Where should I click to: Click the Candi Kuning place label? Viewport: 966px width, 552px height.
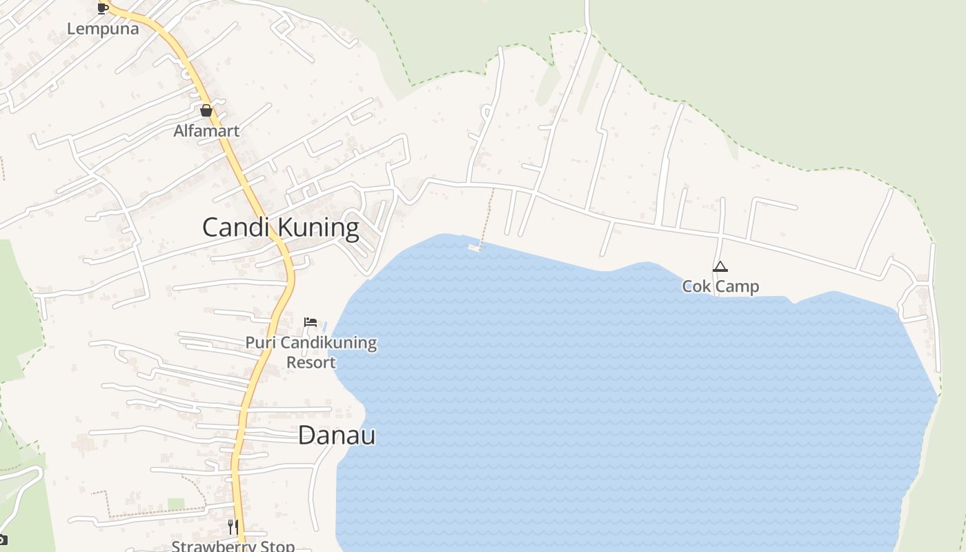click(280, 228)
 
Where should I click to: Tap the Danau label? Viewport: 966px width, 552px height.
click(337, 435)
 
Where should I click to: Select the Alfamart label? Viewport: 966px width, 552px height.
click(206, 130)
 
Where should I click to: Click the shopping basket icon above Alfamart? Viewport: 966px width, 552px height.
click(206, 110)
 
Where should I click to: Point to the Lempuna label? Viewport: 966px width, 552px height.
click(103, 29)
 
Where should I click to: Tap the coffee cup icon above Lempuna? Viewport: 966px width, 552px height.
click(102, 8)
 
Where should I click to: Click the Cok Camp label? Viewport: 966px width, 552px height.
click(720, 286)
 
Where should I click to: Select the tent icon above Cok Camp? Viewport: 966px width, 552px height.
click(720, 267)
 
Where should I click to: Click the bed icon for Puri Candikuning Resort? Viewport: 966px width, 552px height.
click(310, 322)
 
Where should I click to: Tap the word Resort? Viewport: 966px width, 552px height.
click(311, 362)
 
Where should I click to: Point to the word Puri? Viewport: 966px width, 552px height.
click(261, 343)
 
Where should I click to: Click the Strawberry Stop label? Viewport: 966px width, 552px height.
click(233, 546)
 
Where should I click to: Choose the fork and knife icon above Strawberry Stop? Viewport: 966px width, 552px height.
click(233, 527)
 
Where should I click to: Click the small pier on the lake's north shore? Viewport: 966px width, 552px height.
click(474, 246)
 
